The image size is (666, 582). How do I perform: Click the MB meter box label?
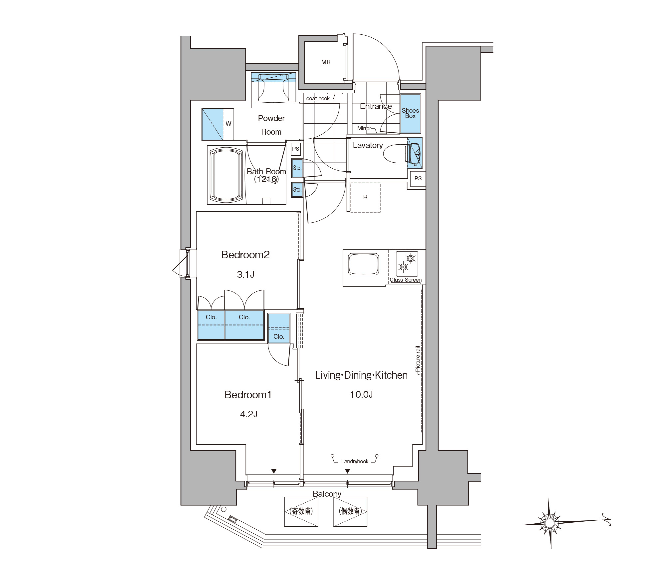click(326, 62)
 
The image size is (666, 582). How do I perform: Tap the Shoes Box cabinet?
click(410, 114)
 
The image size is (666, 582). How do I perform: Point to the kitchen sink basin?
click(363, 264)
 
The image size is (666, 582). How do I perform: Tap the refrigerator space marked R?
click(365, 197)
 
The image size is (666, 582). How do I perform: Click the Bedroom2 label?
click(245, 255)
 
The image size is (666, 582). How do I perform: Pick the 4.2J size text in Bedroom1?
click(248, 414)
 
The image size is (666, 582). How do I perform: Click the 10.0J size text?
click(361, 395)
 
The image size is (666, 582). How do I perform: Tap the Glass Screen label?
click(406, 280)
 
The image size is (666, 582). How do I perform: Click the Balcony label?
click(327, 494)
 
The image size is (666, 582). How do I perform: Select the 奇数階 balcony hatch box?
click(301, 512)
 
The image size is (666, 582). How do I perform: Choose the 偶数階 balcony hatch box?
click(350, 512)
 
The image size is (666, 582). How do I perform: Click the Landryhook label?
click(355, 462)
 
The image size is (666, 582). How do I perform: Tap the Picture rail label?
click(418, 359)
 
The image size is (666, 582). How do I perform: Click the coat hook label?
click(318, 98)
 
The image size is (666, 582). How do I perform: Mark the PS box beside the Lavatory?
click(418, 178)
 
